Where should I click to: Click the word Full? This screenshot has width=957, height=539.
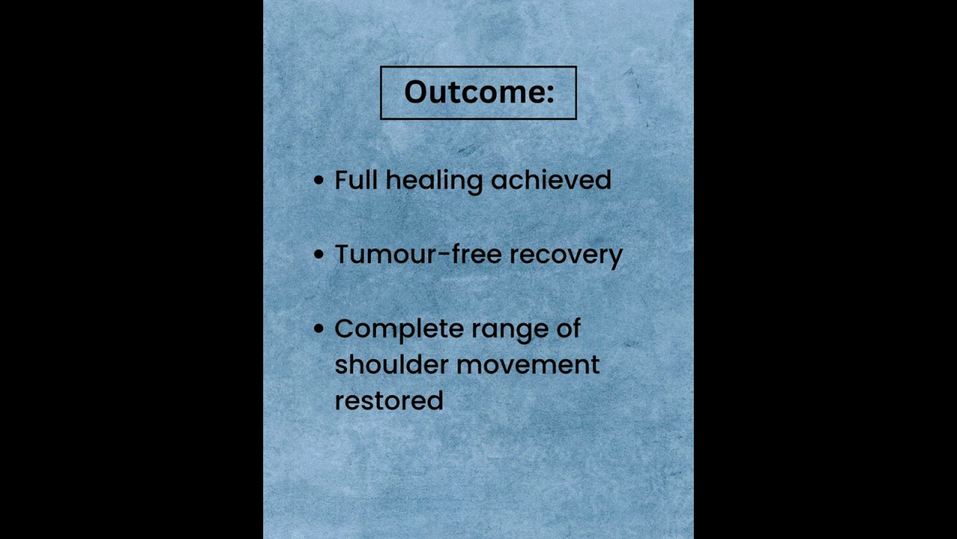click(x=356, y=180)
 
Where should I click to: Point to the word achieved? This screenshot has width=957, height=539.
click(x=551, y=180)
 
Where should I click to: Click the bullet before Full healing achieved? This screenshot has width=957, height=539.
click(x=319, y=180)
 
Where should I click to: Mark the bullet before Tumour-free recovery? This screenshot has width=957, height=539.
click(x=319, y=255)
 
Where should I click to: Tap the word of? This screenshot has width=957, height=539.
click(x=568, y=329)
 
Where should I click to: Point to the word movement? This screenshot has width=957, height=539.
click(x=528, y=365)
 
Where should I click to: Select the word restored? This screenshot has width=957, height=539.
click(x=389, y=401)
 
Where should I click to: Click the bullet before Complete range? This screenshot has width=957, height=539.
click(x=319, y=329)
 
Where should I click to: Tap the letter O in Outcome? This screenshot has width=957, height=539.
click(x=416, y=92)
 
